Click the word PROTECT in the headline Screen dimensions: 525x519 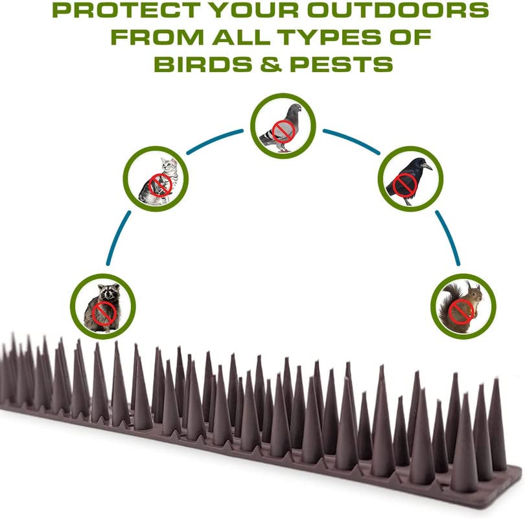126,10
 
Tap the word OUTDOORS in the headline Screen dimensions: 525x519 398,10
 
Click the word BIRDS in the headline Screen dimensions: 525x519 203,64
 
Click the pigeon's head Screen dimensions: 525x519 295,109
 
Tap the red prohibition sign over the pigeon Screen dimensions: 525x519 283,132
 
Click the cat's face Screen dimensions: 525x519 169,165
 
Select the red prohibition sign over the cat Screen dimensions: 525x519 160,185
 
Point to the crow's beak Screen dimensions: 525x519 427,166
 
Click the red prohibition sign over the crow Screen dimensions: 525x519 404,185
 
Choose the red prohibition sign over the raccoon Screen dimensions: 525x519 104,313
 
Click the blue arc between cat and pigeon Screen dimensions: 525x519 214,140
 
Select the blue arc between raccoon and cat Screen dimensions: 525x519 117,237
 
